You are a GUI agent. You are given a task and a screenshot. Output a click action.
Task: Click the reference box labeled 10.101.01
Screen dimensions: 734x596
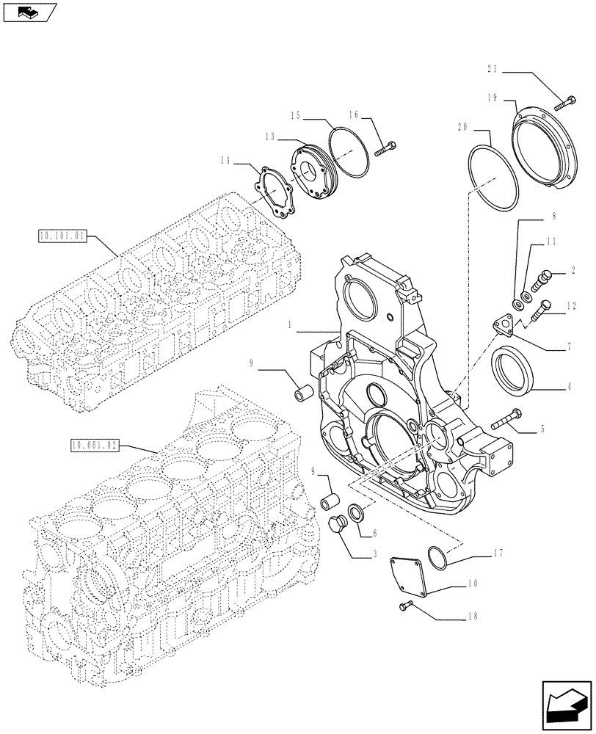pos(61,236)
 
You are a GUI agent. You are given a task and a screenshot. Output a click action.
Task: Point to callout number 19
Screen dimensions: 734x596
pos(491,97)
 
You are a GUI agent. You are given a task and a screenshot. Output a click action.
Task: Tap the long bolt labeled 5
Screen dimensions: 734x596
pos(507,421)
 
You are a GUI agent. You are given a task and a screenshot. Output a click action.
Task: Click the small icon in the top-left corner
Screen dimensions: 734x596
pos(29,11)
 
